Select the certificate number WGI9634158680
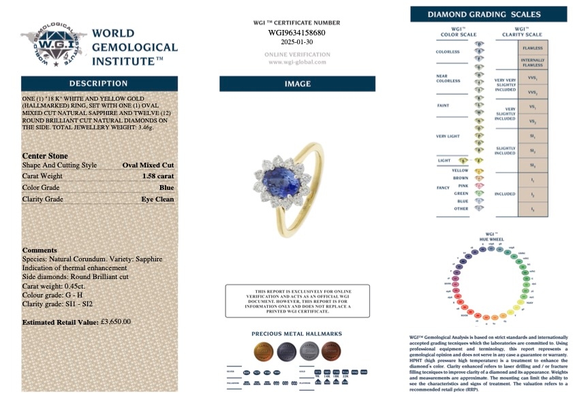296,32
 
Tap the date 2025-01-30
296,42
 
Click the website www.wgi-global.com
297,62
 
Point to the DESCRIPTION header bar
99,83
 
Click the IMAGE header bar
297,84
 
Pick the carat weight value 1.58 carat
158,176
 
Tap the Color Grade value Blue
166,188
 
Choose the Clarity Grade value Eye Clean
157,199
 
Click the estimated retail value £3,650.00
115,322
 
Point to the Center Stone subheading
45,156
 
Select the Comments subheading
40,250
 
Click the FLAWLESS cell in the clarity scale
532,48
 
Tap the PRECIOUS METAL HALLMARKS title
296,334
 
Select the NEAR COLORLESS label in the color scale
448,78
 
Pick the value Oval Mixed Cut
148,165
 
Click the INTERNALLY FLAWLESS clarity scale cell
532,63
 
